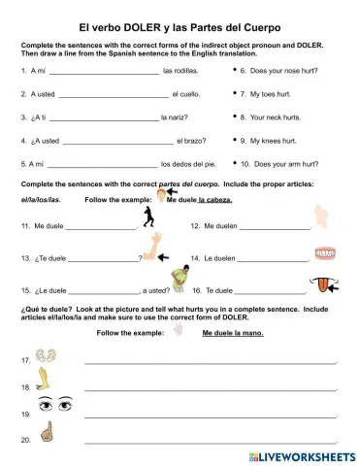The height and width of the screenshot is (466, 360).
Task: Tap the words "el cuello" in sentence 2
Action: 186,94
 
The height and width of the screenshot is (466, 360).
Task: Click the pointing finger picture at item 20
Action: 44,434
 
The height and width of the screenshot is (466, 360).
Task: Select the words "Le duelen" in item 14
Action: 218,259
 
